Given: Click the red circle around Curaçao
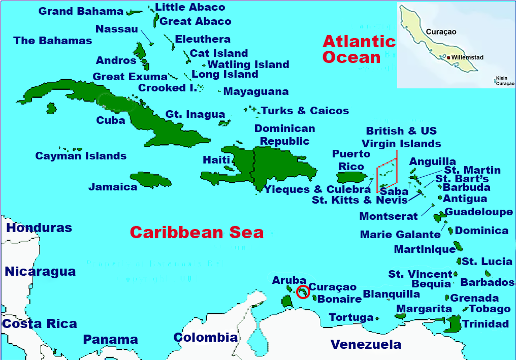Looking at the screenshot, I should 303,292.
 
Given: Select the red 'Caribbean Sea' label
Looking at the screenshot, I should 197,233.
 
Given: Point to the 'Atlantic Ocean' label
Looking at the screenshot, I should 359,49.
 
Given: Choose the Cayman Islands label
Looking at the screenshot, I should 81,156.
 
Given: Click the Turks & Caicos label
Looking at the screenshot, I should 305,111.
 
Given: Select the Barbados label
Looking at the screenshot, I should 487,282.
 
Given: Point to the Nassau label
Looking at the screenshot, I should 117,29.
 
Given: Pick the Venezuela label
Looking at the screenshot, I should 366,345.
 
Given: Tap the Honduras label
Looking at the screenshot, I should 39,228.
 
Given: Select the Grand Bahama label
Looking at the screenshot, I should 81,11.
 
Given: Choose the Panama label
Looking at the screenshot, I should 111,340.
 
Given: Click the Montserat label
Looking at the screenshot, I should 389,216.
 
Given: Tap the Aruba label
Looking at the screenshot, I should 289,280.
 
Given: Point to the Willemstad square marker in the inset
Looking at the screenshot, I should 448,57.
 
